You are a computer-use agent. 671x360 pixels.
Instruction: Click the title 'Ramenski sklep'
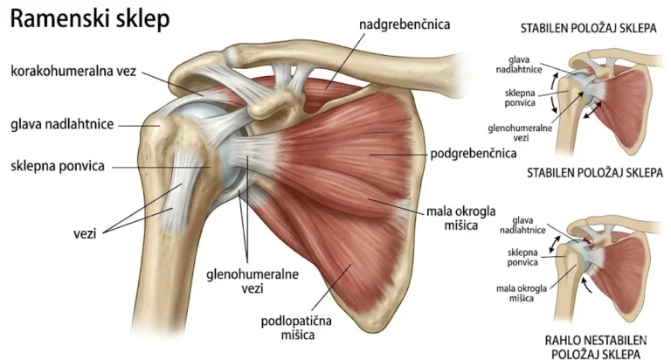pyautogui.click(x=90, y=20)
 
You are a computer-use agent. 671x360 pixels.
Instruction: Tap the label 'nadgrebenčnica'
pyautogui.click(x=405, y=24)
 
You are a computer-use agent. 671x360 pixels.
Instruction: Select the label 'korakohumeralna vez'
pyautogui.click(x=73, y=71)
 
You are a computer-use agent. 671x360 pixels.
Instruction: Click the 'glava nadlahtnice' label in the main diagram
pyautogui.click(x=63, y=125)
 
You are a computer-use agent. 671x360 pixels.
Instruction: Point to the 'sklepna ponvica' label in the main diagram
pyautogui.click(x=58, y=166)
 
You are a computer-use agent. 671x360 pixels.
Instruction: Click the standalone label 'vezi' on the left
pyautogui.click(x=85, y=233)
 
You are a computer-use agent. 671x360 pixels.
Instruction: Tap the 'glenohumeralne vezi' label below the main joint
pyautogui.click(x=252, y=281)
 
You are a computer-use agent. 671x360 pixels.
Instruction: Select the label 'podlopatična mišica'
pyautogui.click(x=296, y=328)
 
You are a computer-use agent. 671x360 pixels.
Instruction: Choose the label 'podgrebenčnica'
pyautogui.click(x=474, y=153)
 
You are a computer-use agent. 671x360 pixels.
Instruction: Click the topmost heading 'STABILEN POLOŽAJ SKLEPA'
pyautogui.click(x=588, y=28)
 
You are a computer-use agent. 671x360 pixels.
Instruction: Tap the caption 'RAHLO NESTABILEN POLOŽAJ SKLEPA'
pyautogui.click(x=596, y=347)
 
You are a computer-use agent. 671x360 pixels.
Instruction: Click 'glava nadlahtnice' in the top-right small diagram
pyautogui.click(x=519, y=65)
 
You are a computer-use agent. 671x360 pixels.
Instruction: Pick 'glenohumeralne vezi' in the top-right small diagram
pyautogui.click(x=520, y=133)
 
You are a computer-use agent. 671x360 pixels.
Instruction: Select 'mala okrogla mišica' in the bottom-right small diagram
pyautogui.click(x=522, y=294)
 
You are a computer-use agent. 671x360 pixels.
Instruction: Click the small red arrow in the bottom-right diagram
pyautogui.click(x=588, y=241)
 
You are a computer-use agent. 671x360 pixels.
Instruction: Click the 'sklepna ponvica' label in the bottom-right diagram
pyautogui.click(x=522, y=257)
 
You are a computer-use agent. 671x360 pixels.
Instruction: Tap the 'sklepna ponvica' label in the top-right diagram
pyautogui.click(x=520, y=98)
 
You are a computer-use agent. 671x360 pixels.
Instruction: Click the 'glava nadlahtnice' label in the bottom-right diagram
pyautogui.click(x=522, y=225)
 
